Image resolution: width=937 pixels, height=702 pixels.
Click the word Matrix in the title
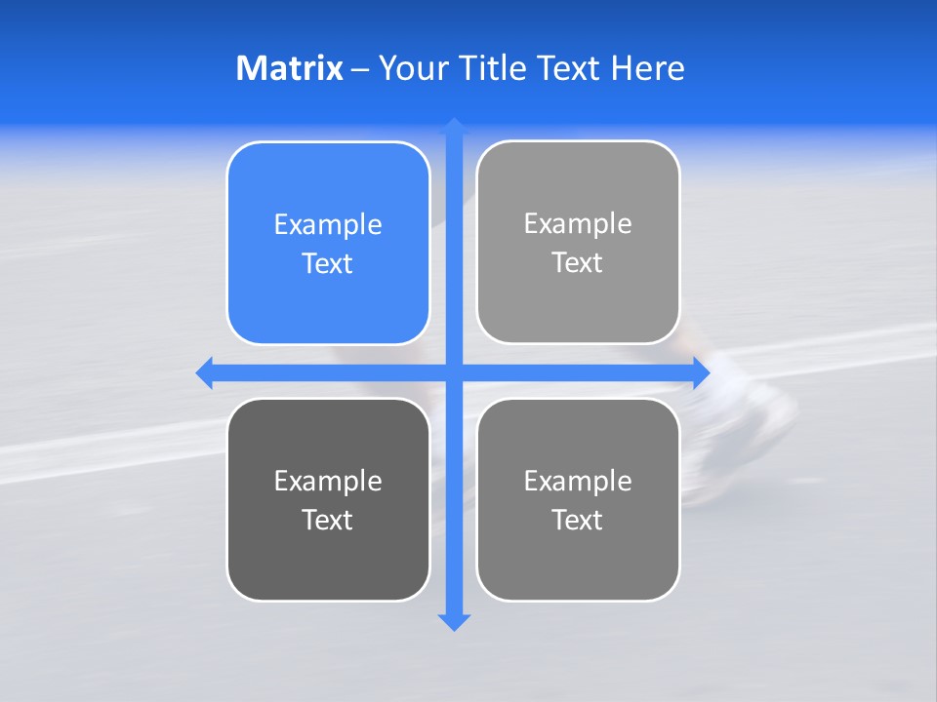coord(289,68)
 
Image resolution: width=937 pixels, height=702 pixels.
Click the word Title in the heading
coord(494,68)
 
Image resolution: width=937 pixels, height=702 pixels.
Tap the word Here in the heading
coord(647,68)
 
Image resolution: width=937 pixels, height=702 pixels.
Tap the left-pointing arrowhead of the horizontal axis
coord(205,372)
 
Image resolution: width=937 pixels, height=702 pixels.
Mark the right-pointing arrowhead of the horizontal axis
coord(701,372)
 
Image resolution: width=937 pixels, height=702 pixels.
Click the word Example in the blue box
coord(328,224)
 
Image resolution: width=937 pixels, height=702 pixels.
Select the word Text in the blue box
coord(328,263)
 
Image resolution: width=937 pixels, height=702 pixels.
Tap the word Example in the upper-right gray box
coord(578,223)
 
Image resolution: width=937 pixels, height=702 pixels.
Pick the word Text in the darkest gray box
coord(328,520)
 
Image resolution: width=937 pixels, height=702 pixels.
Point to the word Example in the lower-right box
coord(578,481)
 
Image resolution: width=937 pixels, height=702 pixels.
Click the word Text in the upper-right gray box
coord(578,262)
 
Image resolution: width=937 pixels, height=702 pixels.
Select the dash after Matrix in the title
coord(360,69)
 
